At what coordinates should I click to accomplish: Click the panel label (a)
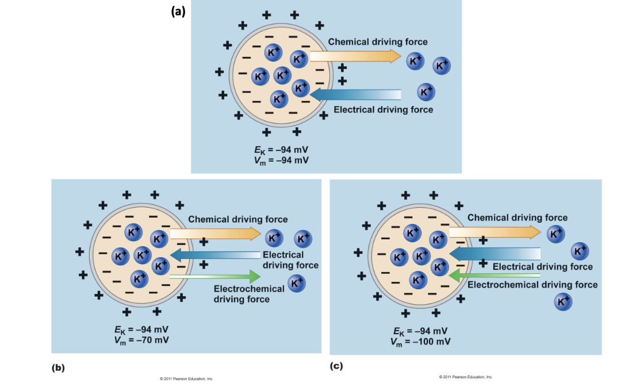click(x=178, y=11)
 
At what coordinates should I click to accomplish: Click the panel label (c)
click(x=336, y=366)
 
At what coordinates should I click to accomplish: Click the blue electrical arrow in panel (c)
click(x=494, y=254)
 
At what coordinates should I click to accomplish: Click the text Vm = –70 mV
click(x=141, y=340)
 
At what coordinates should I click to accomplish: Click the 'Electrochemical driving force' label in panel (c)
click(x=532, y=285)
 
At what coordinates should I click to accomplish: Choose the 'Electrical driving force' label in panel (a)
click(x=384, y=110)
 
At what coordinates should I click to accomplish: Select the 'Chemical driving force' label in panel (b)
click(x=238, y=219)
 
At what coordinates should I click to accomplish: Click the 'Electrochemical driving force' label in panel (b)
click(x=249, y=294)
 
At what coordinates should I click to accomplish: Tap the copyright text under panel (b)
click(x=186, y=379)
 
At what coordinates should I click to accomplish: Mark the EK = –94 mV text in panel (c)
click(x=420, y=331)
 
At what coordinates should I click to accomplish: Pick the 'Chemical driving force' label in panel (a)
click(x=378, y=42)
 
